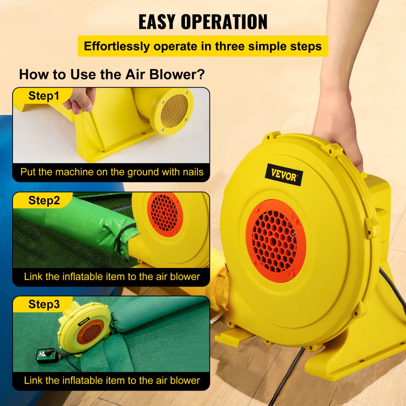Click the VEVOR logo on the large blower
click(x=284, y=175)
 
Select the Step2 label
click(x=44, y=200)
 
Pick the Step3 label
click(x=44, y=304)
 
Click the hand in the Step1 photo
click(x=79, y=99)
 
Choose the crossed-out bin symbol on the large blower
click(x=329, y=260)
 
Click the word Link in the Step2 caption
click(x=33, y=276)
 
